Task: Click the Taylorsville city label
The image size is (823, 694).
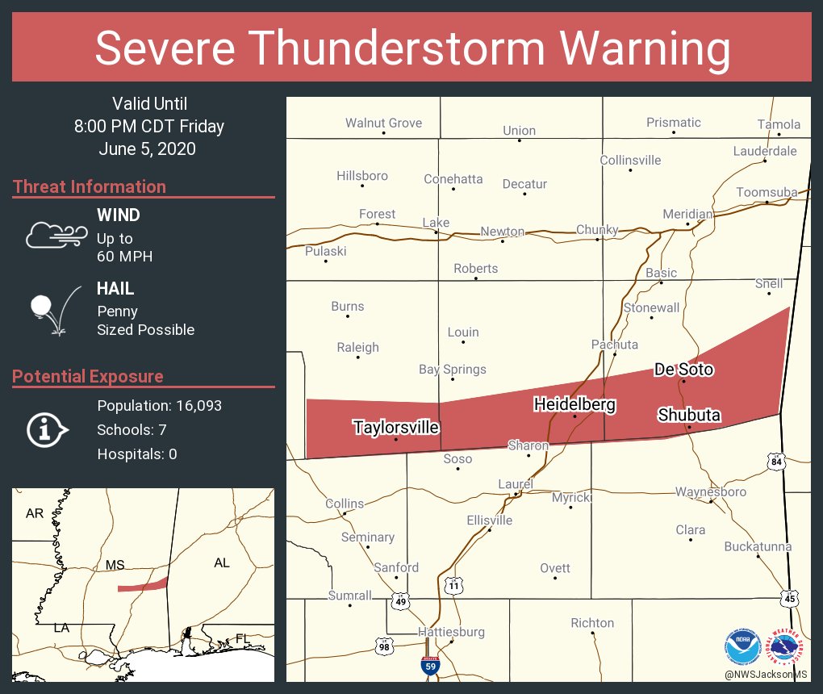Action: [x=395, y=427]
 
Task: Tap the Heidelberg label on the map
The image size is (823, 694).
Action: [x=574, y=404]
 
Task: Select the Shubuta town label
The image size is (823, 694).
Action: [x=688, y=415]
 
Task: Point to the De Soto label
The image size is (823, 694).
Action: [x=683, y=369]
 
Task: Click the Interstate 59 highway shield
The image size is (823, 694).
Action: [x=430, y=665]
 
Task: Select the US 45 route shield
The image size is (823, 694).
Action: [x=790, y=597]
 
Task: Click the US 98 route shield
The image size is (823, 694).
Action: [x=385, y=645]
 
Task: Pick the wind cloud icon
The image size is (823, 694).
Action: [x=56, y=234]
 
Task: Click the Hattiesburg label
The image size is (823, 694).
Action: [x=451, y=632]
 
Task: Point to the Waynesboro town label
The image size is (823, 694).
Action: [x=711, y=491]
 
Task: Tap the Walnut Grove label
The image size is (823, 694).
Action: [x=383, y=123]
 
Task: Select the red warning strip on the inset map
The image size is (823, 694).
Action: [x=143, y=585]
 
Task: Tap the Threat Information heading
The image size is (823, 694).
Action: [x=90, y=186]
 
